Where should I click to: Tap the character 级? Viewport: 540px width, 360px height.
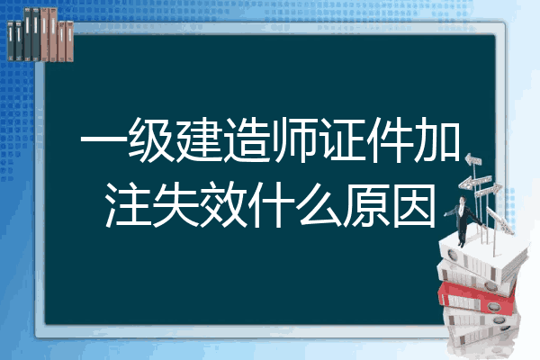[x=151, y=139]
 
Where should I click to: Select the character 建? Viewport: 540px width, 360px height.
[x=199, y=139]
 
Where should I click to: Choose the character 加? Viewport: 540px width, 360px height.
[x=437, y=139]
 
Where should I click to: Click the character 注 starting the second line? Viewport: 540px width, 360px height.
[x=128, y=205]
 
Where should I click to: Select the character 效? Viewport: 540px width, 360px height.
[x=223, y=205]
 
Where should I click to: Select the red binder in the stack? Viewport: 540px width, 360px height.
[x=477, y=297]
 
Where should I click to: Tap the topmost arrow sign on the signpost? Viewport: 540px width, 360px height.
[x=473, y=160]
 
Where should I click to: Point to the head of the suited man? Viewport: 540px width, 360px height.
[x=463, y=200]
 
